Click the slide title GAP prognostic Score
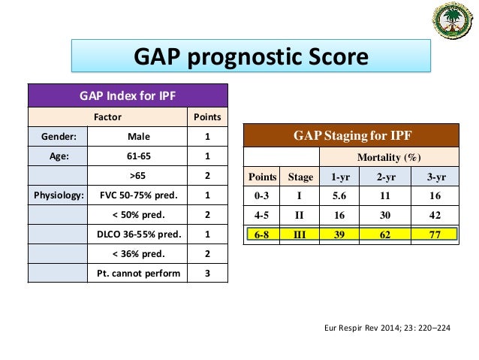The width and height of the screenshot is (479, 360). pos(250,58)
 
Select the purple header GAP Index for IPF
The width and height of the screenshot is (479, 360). pos(128,95)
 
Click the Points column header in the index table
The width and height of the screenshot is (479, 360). pos(207,117)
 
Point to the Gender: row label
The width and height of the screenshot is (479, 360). pos(58,137)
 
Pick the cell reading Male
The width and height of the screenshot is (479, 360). pos(137,137)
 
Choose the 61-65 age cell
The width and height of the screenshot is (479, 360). pos(137,156)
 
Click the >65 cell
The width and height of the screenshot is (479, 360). pos(137,176)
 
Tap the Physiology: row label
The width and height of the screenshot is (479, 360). pos(58,195)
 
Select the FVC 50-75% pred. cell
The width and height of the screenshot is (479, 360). pos(137,195)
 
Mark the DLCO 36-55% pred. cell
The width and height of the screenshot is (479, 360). pos(137,234)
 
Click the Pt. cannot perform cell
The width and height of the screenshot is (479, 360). pos(137,273)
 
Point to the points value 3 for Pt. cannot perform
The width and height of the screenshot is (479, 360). pos(207,273)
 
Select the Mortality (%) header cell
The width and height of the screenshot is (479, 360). pos(389,157)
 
